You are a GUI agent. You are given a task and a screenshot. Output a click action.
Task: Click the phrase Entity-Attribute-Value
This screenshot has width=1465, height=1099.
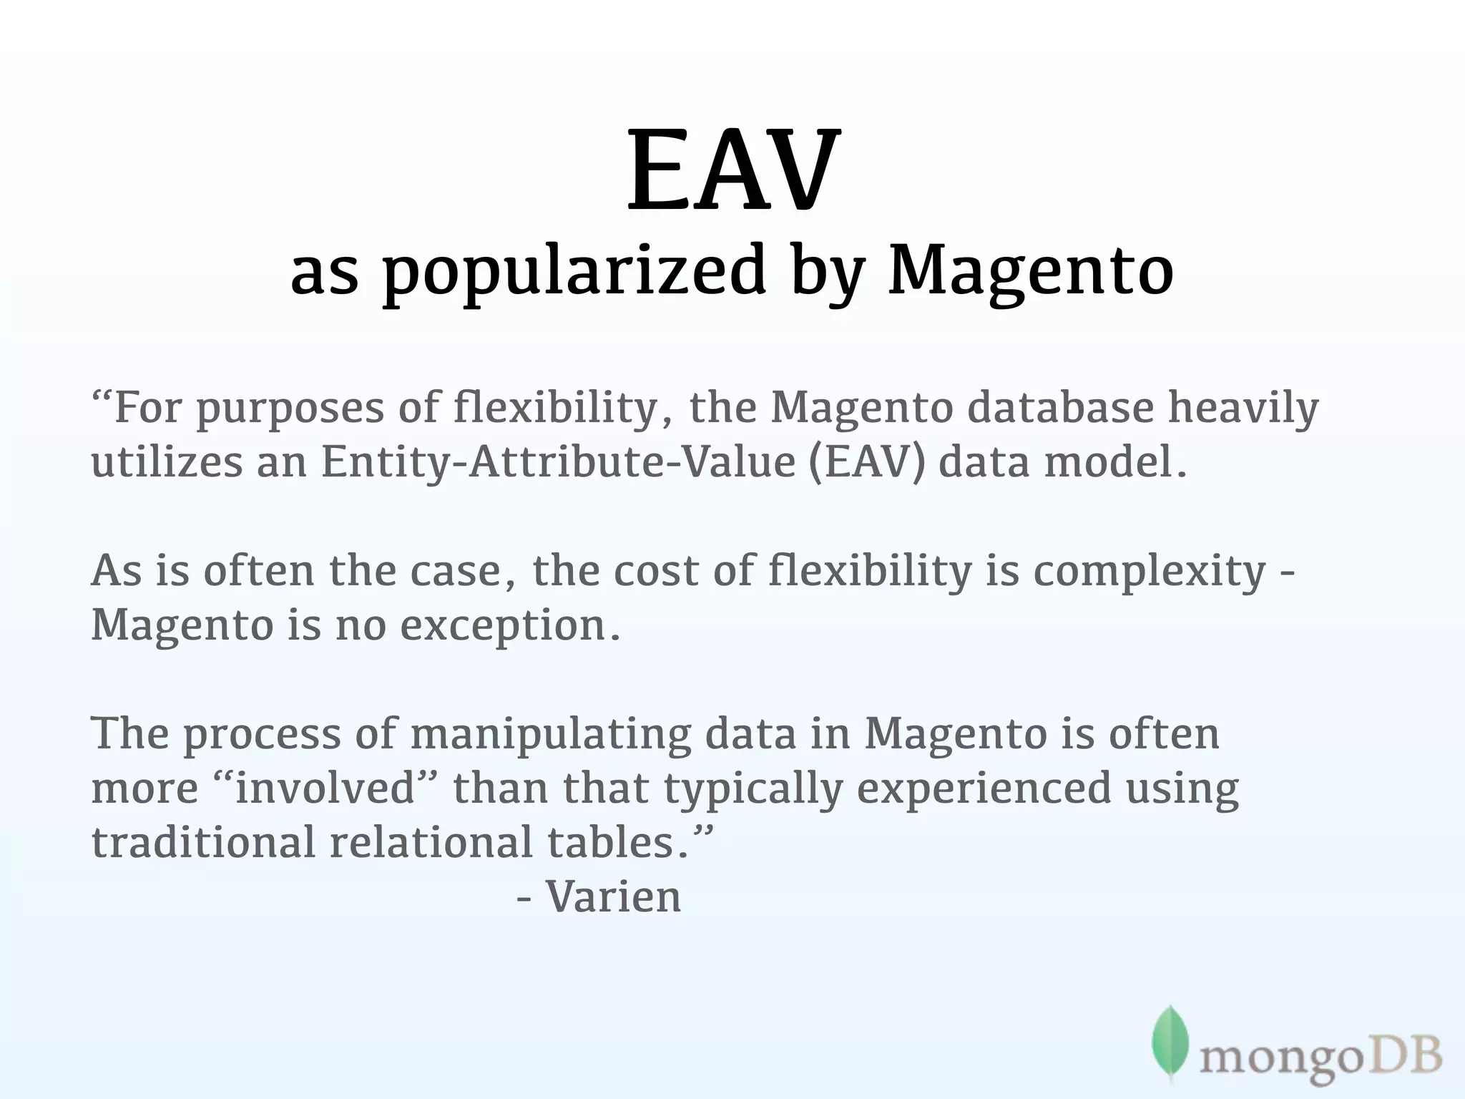558,462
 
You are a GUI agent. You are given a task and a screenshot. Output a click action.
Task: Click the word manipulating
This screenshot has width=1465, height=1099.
551,736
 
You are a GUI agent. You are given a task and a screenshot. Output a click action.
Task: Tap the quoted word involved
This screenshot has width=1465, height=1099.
325,788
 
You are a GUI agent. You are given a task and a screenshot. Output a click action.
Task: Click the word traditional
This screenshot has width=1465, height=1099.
203,843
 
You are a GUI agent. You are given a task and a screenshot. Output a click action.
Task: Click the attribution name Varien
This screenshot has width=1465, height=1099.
613,897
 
